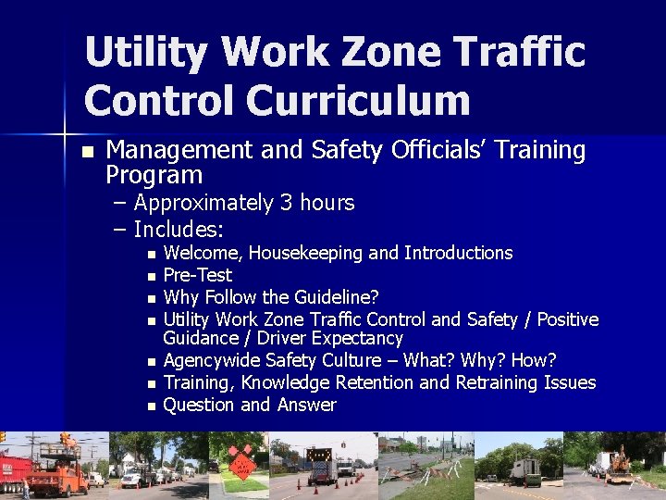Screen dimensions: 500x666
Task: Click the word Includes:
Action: point(179,228)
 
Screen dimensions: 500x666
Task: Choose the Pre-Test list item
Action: point(197,275)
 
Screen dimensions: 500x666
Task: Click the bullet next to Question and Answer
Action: point(151,406)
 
